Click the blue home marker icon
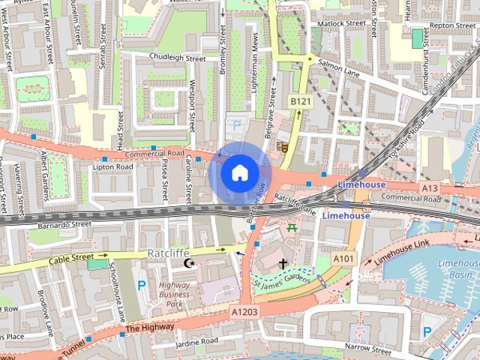239,173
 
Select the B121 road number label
300,100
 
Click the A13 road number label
430,187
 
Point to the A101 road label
343,259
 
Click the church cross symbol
283,263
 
